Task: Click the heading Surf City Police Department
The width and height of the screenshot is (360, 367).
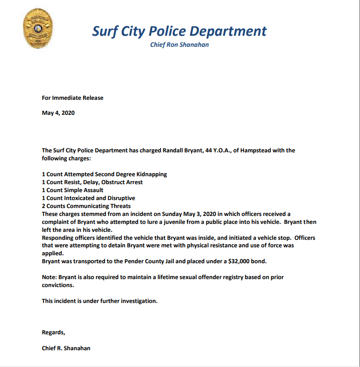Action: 179,31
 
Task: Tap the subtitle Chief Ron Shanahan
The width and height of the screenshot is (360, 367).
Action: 179,45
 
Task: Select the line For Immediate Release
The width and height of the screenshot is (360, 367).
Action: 72,98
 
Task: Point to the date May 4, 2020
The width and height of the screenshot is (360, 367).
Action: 58,113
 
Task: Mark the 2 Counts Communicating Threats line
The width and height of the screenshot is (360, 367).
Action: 86,206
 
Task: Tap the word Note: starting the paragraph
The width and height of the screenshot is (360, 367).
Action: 49,277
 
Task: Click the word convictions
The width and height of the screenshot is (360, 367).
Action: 58,285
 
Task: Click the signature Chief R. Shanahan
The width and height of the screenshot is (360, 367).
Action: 66,348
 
